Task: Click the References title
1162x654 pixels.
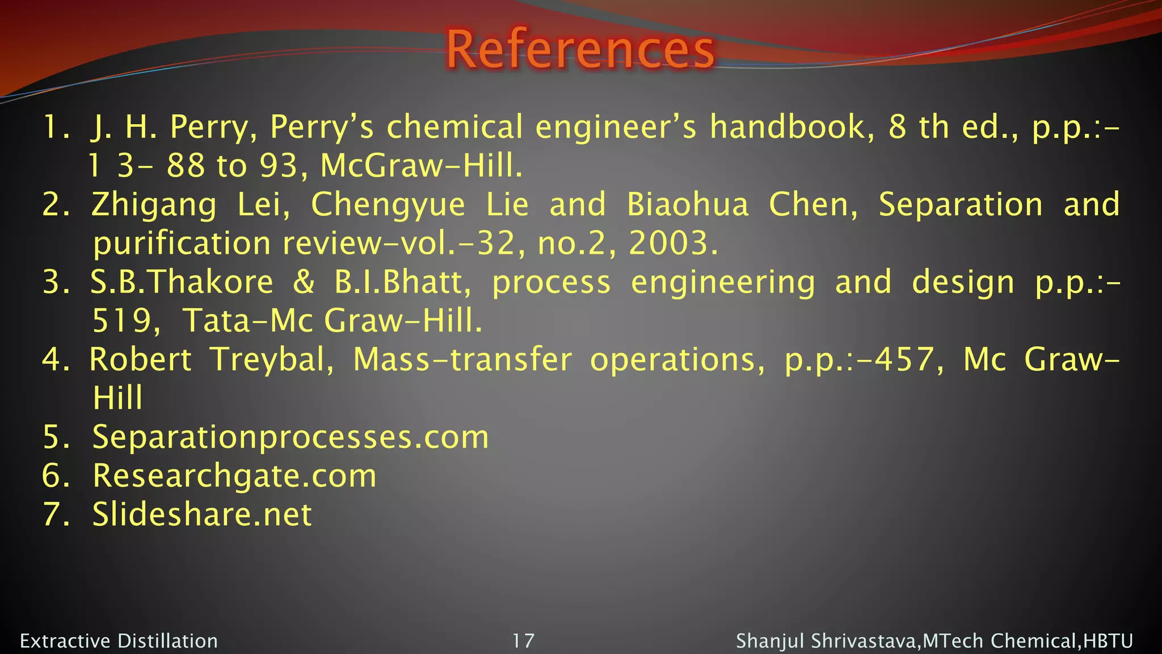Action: [x=580, y=50]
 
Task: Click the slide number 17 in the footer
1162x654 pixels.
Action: [x=523, y=641]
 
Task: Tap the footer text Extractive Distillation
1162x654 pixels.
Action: [x=119, y=641]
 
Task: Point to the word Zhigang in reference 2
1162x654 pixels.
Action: [x=154, y=205]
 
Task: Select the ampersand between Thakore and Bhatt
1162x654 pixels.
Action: [x=304, y=282]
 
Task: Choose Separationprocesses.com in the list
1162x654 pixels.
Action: [x=290, y=437]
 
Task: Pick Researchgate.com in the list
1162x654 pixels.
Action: [x=234, y=476]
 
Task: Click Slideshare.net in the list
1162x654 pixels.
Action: [x=202, y=514]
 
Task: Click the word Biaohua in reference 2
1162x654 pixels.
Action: [x=688, y=204]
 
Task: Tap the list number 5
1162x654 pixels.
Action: [x=54, y=437]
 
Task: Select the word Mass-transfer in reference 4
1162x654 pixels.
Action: [x=462, y=360]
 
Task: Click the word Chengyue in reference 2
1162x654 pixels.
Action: [x=388, y=205]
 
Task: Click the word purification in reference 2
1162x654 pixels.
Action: [x=182, y=244]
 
